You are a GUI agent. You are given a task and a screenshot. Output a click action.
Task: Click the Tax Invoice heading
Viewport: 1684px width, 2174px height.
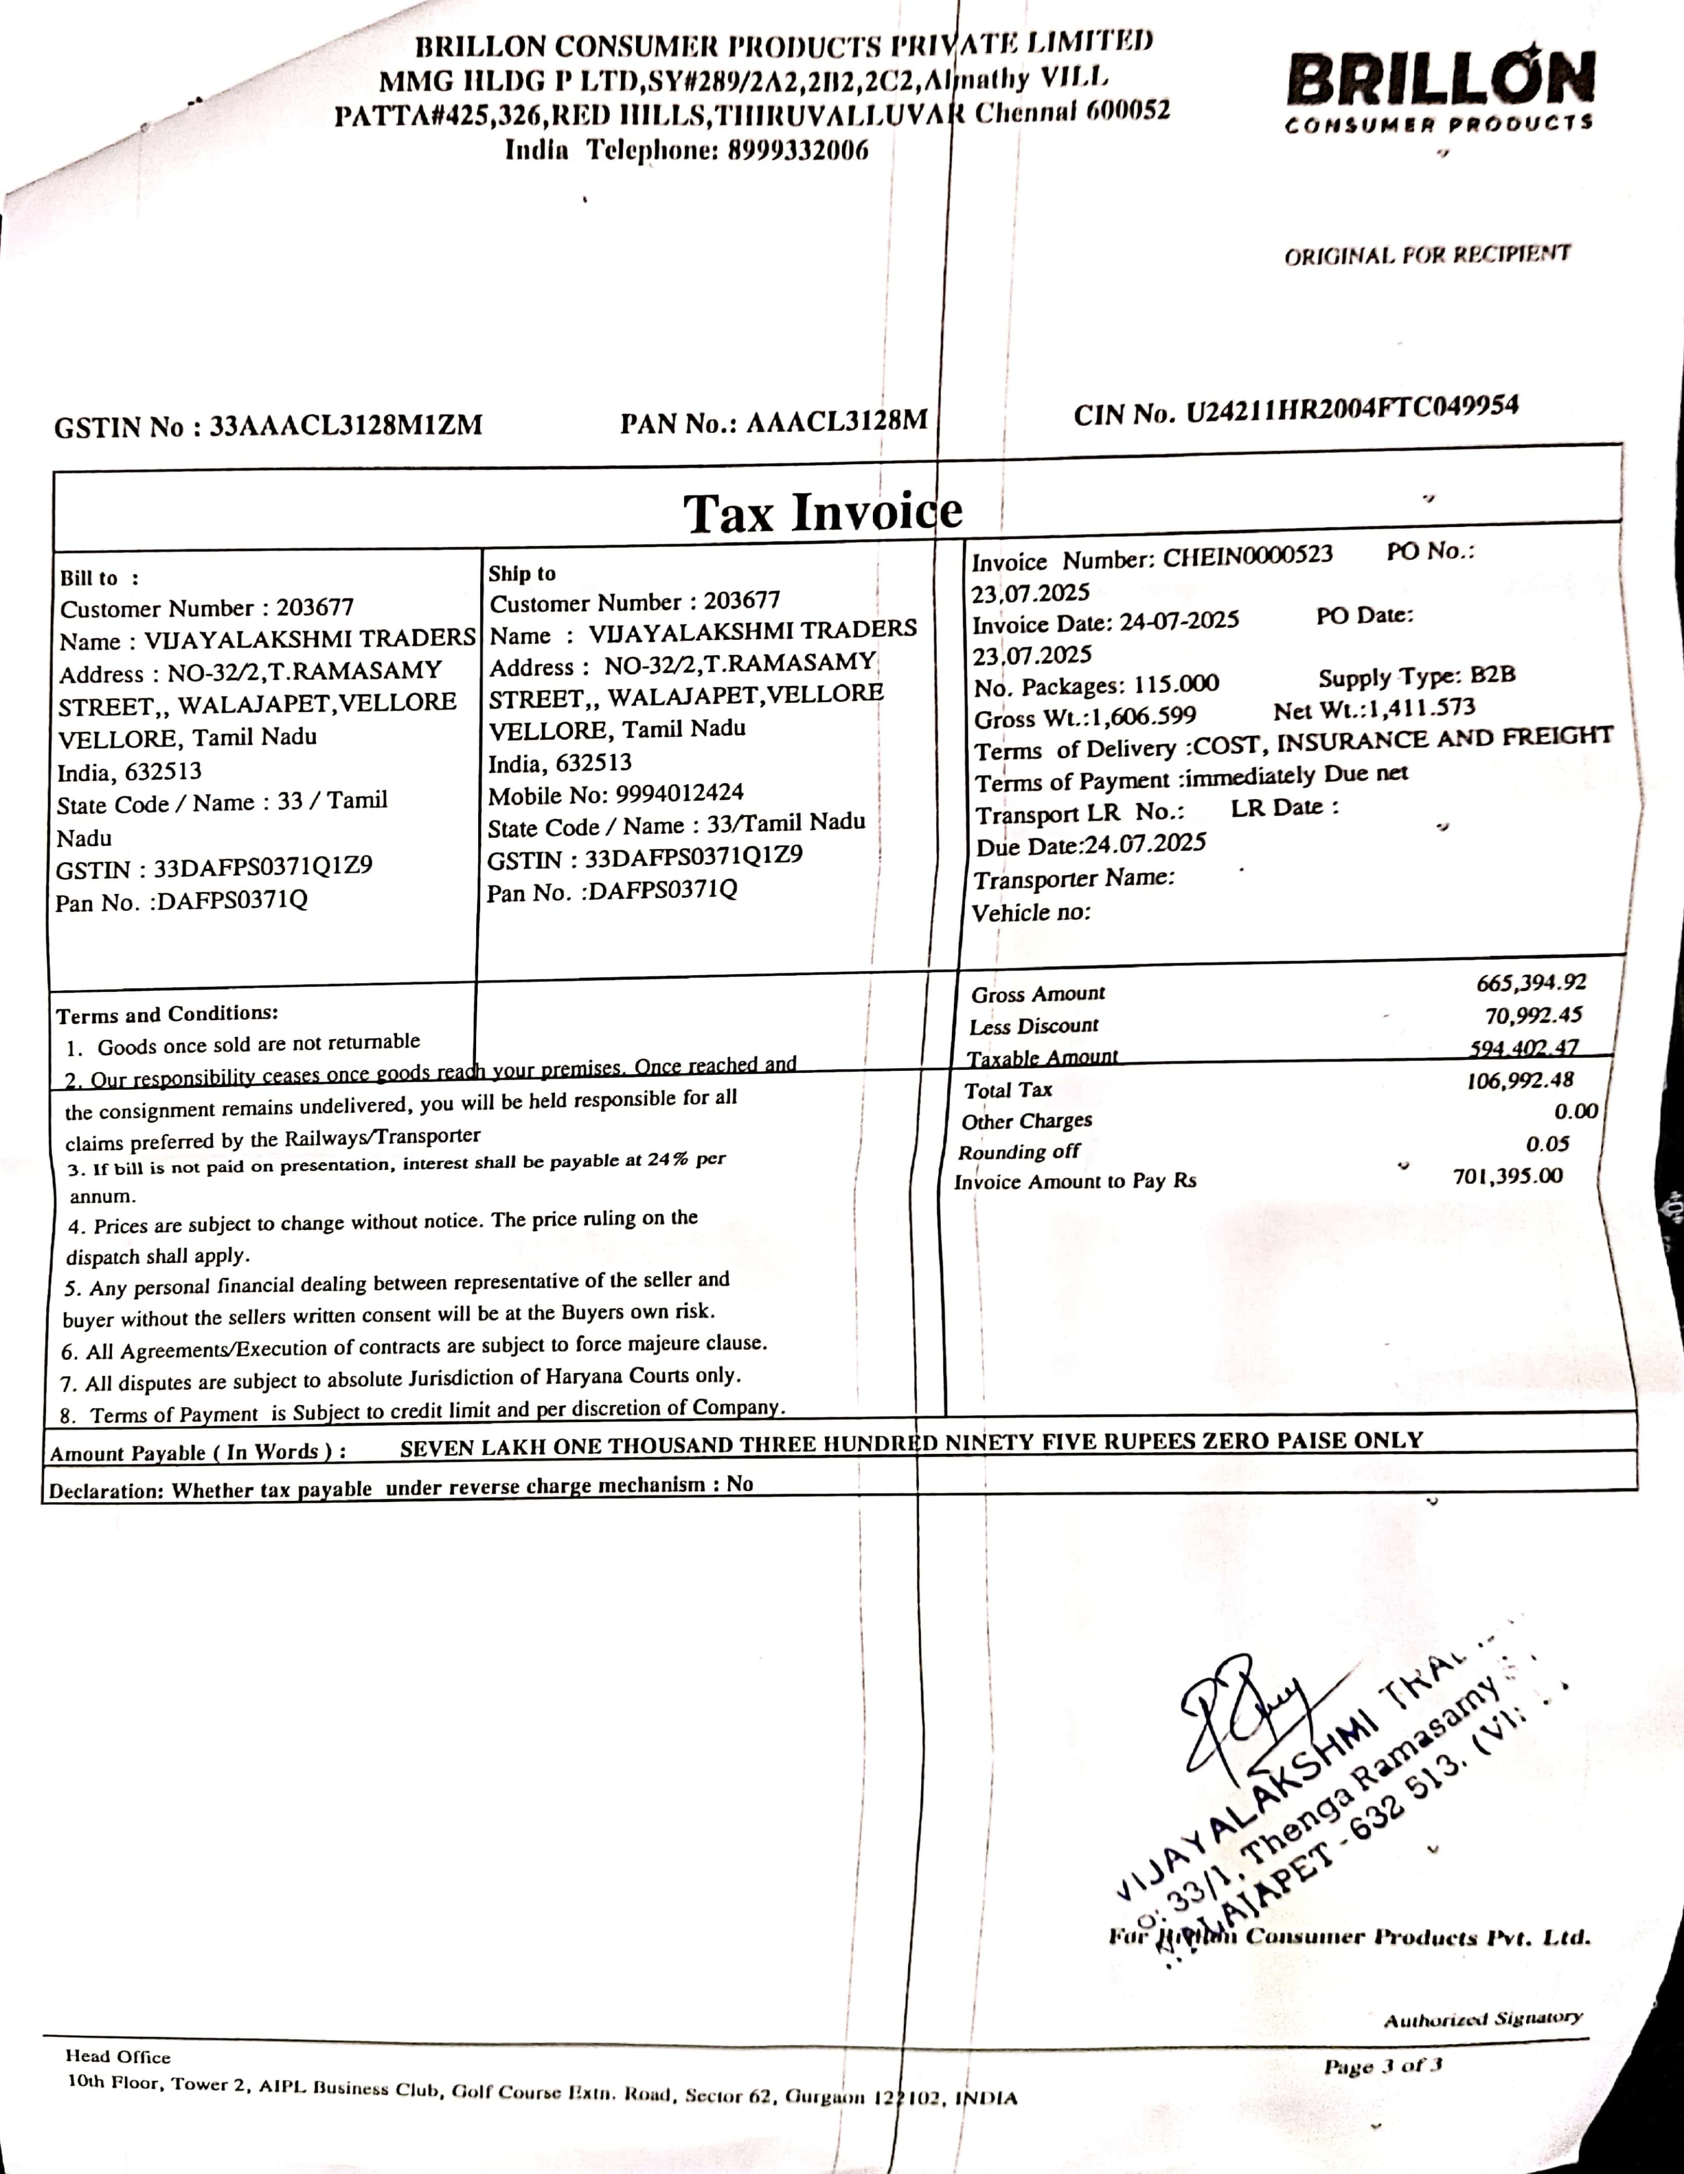(x=822, y=513)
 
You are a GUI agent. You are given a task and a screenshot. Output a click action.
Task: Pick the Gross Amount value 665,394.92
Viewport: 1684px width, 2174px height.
(x=1531, y=982)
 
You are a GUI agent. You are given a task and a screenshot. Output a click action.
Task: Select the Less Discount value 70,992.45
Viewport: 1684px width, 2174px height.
(x=1533, y=1015)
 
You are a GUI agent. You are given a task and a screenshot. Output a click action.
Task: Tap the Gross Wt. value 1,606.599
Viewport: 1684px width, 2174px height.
(x=1144, y=716)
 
